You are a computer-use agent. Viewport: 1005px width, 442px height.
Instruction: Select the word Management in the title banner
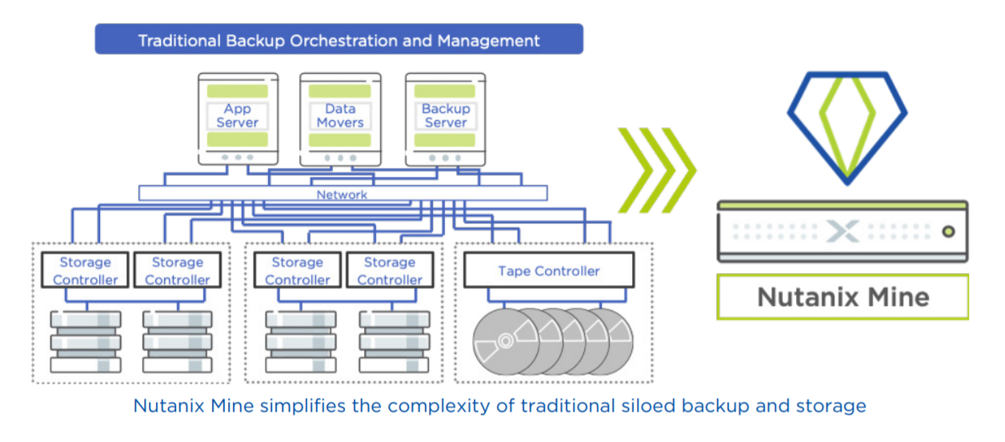(x=489, y=41)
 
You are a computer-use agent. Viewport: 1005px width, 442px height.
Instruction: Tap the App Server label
(x=238, y=115)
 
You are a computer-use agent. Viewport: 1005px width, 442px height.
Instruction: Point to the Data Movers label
(x=340, y=115)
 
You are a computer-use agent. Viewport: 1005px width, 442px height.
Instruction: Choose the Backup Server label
(x=446, y=115)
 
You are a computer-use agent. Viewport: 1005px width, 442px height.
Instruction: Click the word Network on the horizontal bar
(x=342, y=195)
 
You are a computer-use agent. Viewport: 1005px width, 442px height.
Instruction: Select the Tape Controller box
(x=549, y=270)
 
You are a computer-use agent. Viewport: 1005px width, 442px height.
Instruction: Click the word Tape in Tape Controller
(x=515, y=271)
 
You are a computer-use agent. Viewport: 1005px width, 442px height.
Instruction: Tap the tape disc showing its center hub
(x=506, y=341)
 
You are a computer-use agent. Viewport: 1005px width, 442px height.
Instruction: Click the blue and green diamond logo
(x=847, y=127)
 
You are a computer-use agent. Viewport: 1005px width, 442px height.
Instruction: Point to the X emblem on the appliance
(x=843, y=231)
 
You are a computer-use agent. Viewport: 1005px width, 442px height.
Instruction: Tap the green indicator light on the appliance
(x=948, y=231)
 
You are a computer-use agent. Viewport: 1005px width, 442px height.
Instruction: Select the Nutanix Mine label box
(x=843, y=297)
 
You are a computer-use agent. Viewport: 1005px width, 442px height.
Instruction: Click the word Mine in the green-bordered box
(x=899, y=297)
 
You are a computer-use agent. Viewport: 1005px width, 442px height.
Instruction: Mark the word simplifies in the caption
(x=302, y=406)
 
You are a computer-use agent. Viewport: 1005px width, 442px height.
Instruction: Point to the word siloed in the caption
(x=648, y=406)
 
